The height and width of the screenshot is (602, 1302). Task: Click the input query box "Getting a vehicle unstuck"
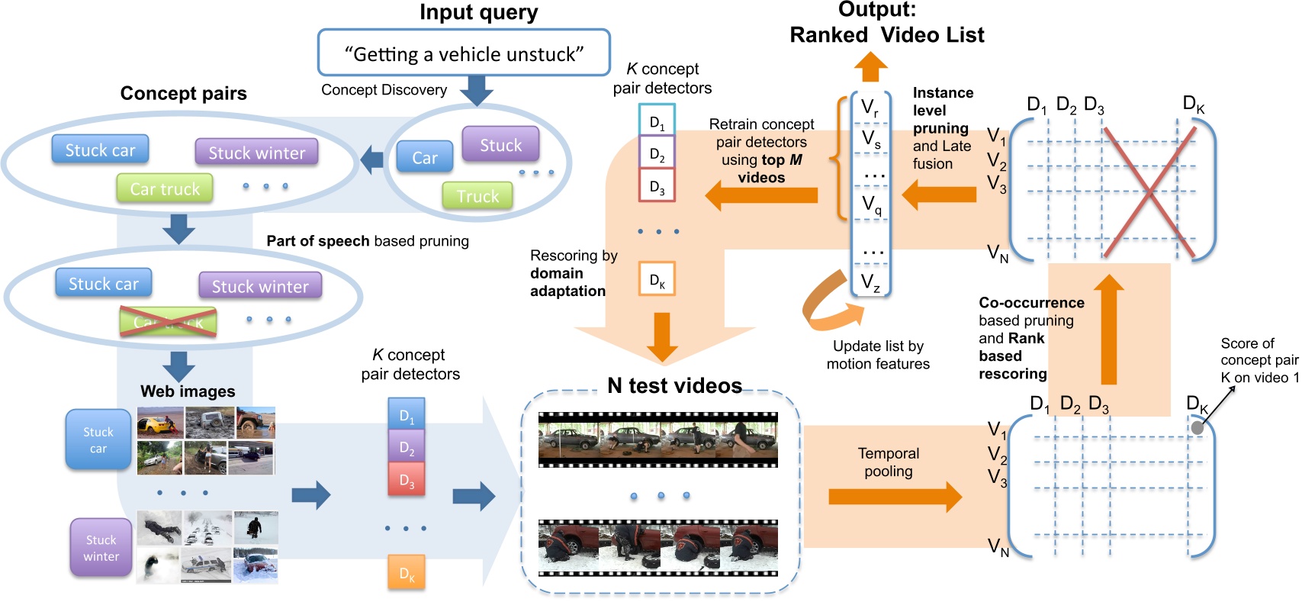464,53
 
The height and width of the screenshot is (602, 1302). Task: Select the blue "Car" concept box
425,157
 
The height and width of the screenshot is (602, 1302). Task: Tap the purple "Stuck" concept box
500,144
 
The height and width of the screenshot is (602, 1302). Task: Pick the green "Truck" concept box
477,196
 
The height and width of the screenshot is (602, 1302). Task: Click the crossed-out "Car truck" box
168,322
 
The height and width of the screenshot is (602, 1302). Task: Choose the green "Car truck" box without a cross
165,188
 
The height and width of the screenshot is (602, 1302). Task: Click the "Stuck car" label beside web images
98,440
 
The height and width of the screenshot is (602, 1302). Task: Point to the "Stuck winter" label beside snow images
101,548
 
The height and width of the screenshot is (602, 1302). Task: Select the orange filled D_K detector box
407,573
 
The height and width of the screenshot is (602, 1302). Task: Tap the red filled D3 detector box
407,481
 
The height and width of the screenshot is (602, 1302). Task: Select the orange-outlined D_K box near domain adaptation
657,280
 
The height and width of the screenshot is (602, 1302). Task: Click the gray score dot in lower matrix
1198,428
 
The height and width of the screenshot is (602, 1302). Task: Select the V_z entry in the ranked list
870,282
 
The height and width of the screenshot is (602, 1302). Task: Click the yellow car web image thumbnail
159,423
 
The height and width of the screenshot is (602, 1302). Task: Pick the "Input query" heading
478,12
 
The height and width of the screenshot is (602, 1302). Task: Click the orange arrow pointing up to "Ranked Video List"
870,67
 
